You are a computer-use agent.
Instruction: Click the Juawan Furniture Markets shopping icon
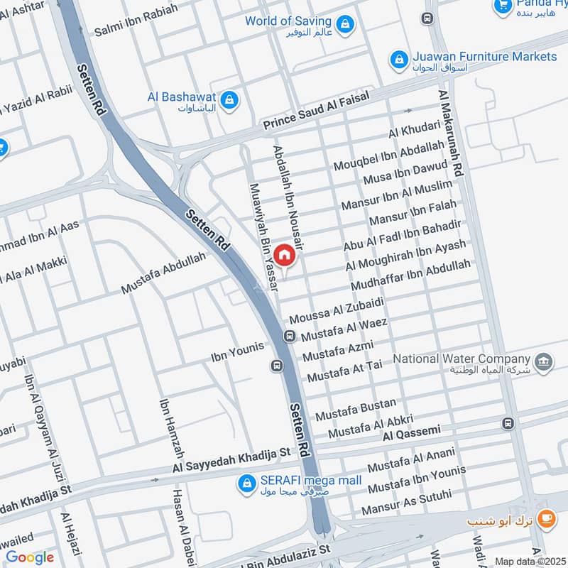click(x=399, y=58)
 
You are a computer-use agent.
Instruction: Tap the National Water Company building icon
click(x=544, y=361)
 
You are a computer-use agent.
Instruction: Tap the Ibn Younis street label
click(x=237, y=349)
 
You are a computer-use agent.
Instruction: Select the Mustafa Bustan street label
click(x=356, y=408)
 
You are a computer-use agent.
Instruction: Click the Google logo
click(x=30, y=557)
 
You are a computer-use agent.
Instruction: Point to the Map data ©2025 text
click(x=528, y=561)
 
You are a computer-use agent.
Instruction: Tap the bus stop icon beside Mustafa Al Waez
click(x=290, y=335)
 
